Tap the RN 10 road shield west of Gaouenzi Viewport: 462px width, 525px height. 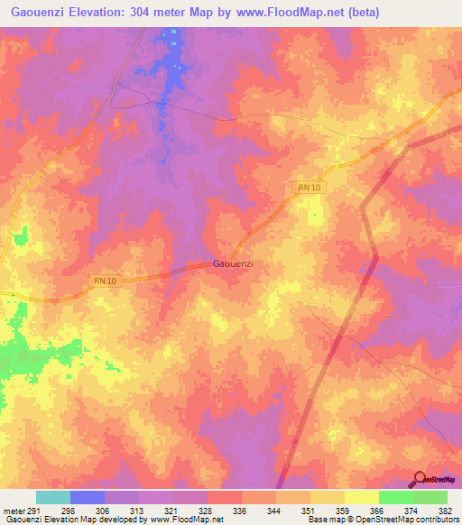click(x=105, y=281)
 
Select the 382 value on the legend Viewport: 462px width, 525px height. click(x=445, y=511)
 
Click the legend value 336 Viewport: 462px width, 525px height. click(x=240, y=511)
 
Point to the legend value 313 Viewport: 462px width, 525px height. click(x=138, y=511)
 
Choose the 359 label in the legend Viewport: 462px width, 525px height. click(x=343, y=511)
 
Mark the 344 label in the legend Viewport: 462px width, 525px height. click(x=274, y=511)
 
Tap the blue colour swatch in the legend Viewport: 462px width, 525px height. click(x=87, y=497)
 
